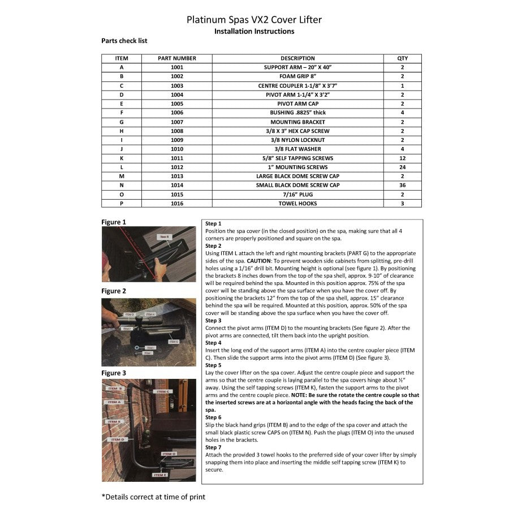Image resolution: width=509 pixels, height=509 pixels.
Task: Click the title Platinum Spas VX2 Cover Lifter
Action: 254,20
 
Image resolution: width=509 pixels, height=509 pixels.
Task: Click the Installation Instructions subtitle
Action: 254,31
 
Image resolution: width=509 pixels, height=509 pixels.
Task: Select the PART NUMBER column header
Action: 177,58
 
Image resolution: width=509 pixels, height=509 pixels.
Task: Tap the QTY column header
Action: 402,58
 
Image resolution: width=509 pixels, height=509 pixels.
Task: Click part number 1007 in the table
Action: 177,122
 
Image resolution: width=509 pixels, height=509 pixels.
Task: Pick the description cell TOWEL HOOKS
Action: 297,204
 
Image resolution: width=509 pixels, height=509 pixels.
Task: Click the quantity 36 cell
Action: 402,186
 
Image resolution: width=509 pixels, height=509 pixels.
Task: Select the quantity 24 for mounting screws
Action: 402,167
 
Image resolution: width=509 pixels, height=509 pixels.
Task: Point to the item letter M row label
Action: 122,176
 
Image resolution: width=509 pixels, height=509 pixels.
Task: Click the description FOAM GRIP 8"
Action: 297,76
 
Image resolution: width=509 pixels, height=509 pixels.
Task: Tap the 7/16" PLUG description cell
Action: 297,195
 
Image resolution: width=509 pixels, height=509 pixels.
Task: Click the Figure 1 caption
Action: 114,222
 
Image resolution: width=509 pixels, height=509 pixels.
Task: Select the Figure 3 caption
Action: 114,373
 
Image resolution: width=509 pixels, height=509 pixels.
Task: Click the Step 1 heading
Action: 213,224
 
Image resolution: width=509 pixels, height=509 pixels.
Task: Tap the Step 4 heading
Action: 213,343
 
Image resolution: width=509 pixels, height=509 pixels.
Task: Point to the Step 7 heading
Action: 213,447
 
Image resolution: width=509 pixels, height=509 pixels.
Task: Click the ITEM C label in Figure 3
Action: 161,391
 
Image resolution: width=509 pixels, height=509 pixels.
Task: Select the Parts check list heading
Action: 124,41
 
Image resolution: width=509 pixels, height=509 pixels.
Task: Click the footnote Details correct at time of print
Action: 153,497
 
